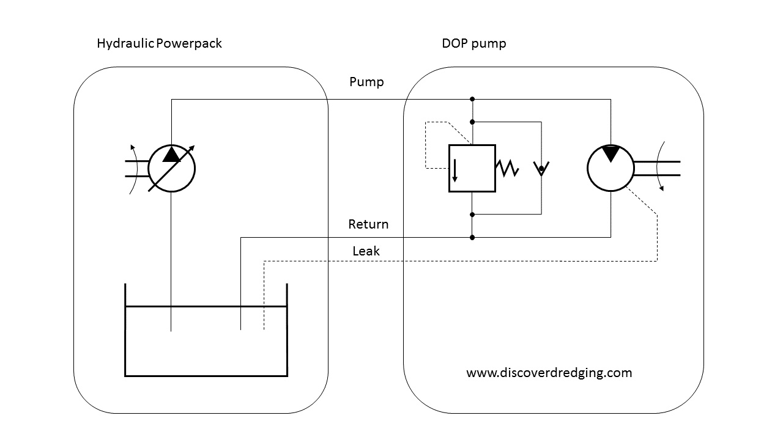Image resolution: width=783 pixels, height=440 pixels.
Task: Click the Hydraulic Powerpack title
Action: pyautogui.click(x=159, y=44)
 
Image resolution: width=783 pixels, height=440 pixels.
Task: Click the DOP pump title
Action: pyautogui.click(x=473, y=44)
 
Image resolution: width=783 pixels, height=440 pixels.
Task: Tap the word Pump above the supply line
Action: pyautogui.click(x=366, y=82)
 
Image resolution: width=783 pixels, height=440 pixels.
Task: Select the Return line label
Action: pyautogui.click(x=368, y=224)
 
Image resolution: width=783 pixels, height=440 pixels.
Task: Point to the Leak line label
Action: pyautogui.click(x=366, y=251)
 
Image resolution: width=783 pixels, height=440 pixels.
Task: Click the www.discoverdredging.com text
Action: pyautogui.click(x=549, y=373)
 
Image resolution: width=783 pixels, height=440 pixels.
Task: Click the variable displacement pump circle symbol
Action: pyautogui.click(x=172, y=169)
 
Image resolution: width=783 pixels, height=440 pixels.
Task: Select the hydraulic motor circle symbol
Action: pyautogui.click(x=610, y=168)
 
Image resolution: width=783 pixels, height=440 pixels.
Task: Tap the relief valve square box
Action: pyautogui.click(x=472, y=169)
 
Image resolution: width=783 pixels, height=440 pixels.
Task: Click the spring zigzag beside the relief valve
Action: pyautogui.click(x=508, y=169)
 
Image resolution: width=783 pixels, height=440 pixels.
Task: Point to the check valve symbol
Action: pyautogui.click(x=541, y=168)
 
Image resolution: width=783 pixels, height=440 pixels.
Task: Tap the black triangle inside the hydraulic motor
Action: pyautogui.click(x=610, y=153)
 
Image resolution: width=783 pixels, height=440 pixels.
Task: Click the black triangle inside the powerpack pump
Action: pyautogui.click(x=172, y=155)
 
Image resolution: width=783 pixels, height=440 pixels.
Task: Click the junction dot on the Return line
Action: pyautogui.click(x=472, y=237)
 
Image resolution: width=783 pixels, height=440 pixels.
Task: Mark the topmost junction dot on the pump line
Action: pyautogui.click(x=472, y=99)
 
